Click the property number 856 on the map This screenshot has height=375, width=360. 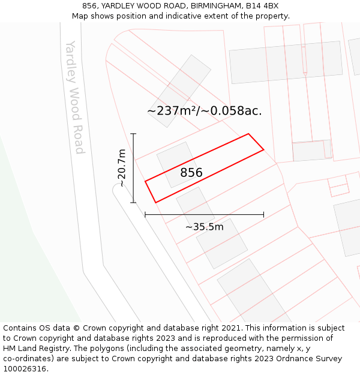[x=191, y=173]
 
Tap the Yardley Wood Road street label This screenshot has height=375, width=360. [x=74, y=97]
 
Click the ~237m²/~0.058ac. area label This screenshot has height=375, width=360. [x=204, y=110]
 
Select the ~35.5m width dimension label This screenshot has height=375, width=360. [x=204, y=227]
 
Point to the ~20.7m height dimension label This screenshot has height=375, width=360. [x=122, y=168]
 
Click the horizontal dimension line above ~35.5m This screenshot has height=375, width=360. [x=204, y=214]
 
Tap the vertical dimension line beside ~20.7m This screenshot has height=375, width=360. [x=134, y=168]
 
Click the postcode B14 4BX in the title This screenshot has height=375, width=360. [x=262, y=5]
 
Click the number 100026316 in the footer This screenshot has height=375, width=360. [x=25, y=369]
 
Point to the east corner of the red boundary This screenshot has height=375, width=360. [x=263, y=149]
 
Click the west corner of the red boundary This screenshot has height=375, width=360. [x=145, y=181]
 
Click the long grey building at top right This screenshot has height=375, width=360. [x=286, y=62]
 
